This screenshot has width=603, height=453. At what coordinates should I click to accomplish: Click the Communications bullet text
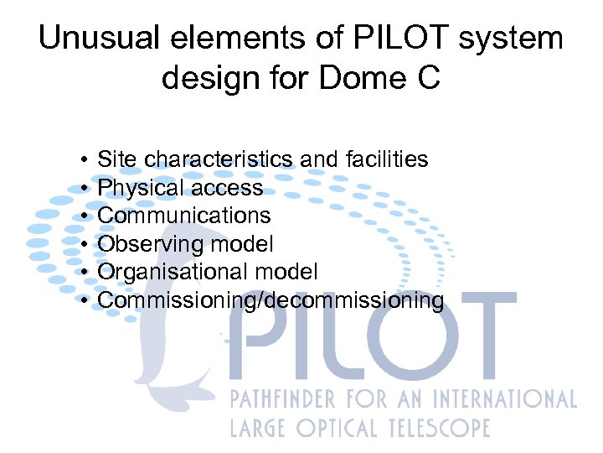(184, 216)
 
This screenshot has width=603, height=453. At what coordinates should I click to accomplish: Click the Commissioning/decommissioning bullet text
(271, 300)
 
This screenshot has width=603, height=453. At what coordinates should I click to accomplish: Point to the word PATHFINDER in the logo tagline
(285, 398)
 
